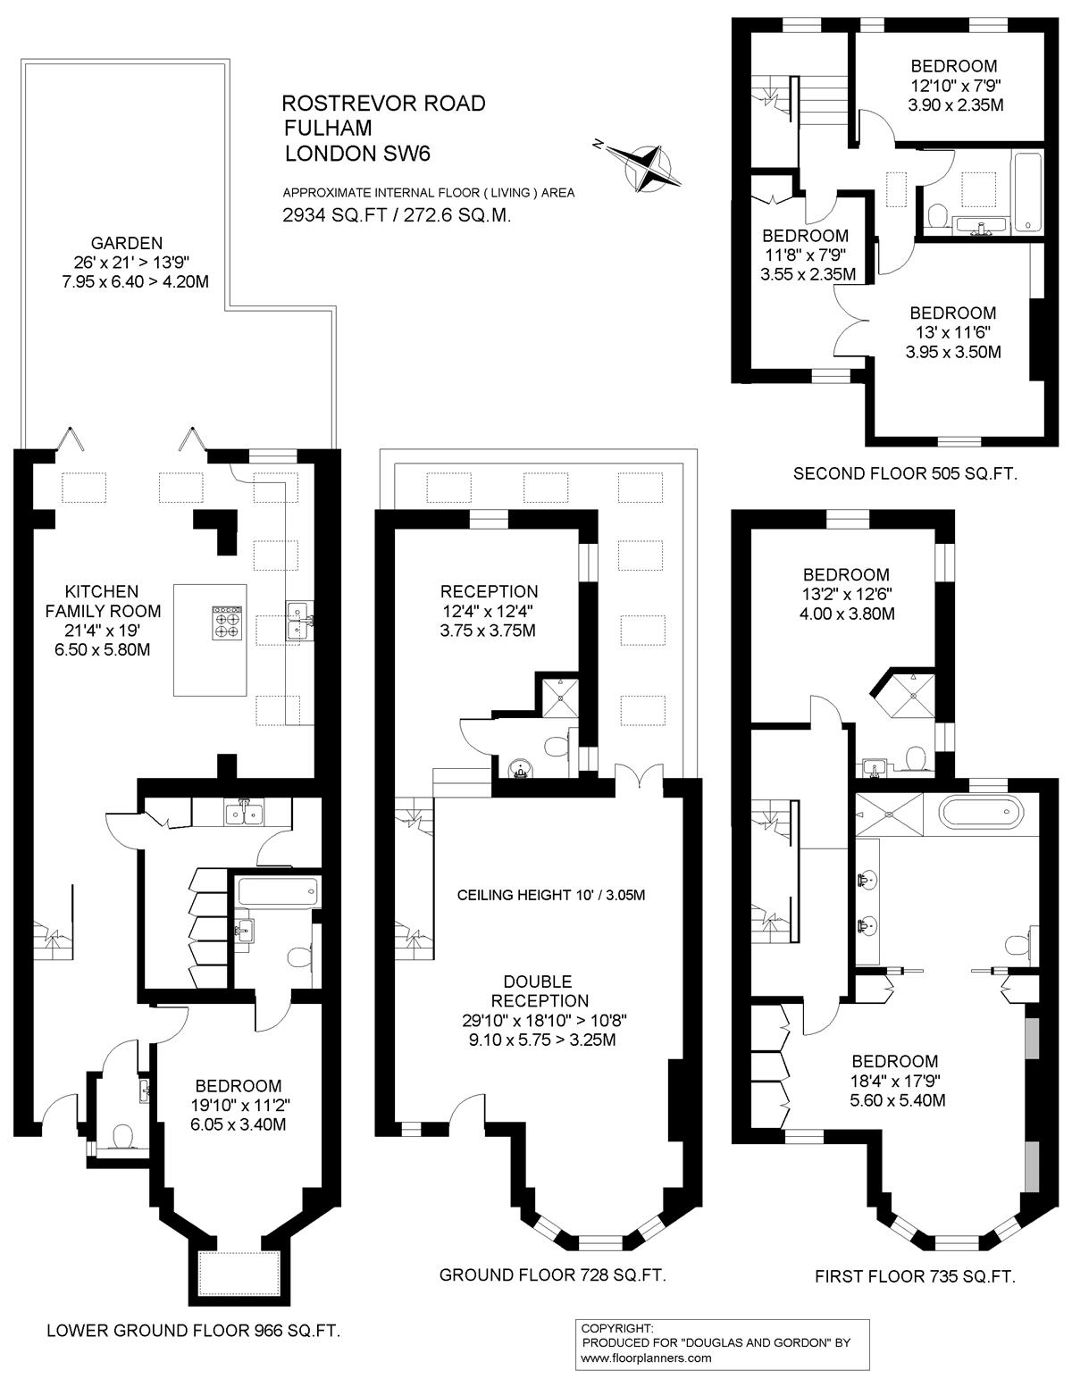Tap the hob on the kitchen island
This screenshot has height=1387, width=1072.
point(227,622)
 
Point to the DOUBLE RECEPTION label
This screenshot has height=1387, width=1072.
point(546,990)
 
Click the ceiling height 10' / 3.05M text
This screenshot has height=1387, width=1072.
point(551,895)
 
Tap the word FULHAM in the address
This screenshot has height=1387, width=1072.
point(328,128)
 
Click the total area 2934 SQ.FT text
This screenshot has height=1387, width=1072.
point(335,215)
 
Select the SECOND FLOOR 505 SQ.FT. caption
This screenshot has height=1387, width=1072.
point(905,473)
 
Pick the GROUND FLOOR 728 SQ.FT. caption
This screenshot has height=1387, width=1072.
point(552,1274)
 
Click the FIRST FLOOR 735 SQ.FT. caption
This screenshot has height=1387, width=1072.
point(915,1276)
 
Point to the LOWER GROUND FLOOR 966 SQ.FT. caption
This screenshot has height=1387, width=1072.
point(194,1330)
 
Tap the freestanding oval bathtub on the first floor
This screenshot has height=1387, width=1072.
point(981,814)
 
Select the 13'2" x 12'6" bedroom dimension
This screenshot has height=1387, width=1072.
point(847,594)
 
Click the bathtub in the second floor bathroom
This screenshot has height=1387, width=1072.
point(1026,191)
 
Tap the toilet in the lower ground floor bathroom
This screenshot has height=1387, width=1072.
point(298,957)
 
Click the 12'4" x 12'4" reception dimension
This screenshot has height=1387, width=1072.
point(488,611)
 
